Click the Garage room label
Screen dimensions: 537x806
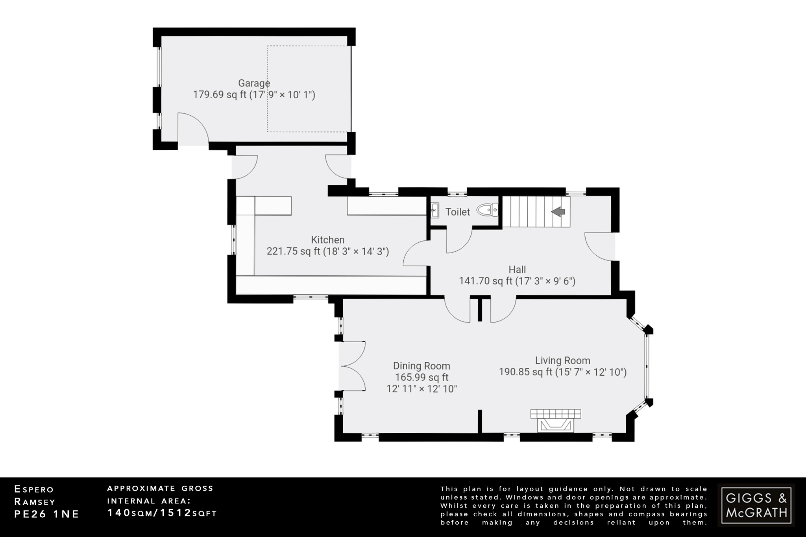(x=254, y=83)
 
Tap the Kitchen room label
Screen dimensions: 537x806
(x=327, y=240)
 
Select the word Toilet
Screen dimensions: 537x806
(x=458, y=212)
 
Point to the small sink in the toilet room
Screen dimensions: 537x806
(x=435, y=210)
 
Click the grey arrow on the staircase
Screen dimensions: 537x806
(x=558, y=212)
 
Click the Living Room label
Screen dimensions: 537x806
(x=562, y=360)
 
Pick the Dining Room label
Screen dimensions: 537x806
(x=421, y=366)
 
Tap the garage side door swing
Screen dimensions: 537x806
(x=192, y=128)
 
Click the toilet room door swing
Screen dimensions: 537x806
(x=458, y=241)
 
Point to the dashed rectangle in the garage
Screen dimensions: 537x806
(x=309, y=89)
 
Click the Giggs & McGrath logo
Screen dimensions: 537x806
(x=756, y=506)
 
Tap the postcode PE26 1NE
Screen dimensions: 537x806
(x=47, y=514)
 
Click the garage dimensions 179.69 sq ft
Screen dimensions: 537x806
(x=254, y=95)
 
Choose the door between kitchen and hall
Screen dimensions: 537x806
(x=416, y=254)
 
